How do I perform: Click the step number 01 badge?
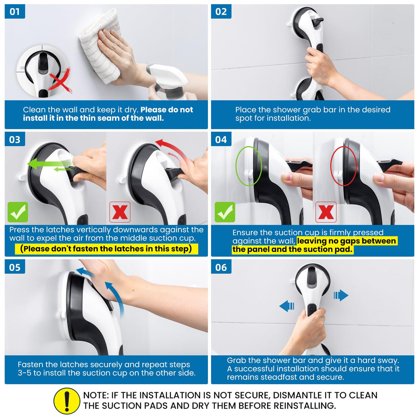pos(15,11)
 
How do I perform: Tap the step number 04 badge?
pos(221,139)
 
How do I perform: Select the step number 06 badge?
pos(221,267)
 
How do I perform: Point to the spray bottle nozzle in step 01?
pos(167,76)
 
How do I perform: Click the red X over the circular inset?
pos(60,80)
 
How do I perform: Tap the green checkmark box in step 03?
pos(18,212)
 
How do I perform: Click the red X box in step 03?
pos(120,212)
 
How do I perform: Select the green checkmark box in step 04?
pos(225,212)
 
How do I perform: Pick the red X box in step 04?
pos(326,212)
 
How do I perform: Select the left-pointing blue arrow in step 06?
pos(287,306)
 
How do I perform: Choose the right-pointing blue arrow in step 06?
pos(341,295)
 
